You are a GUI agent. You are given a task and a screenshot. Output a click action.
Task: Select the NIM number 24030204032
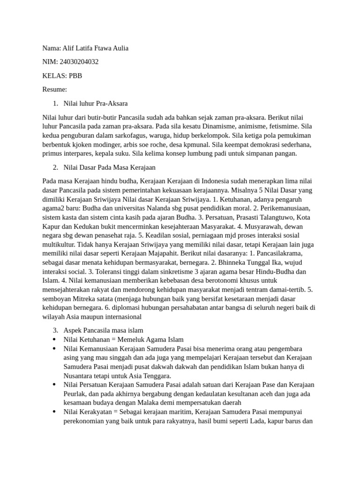point(79,62)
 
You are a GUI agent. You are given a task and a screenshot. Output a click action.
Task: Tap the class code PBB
point(75,75)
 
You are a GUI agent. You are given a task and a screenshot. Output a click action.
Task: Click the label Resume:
point(54,89)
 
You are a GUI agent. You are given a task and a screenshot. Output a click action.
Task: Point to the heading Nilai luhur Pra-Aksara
point(95,103)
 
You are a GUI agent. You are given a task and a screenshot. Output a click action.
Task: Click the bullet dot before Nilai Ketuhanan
point(55,339)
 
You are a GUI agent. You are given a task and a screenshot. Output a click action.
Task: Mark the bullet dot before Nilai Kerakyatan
point(55,412)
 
